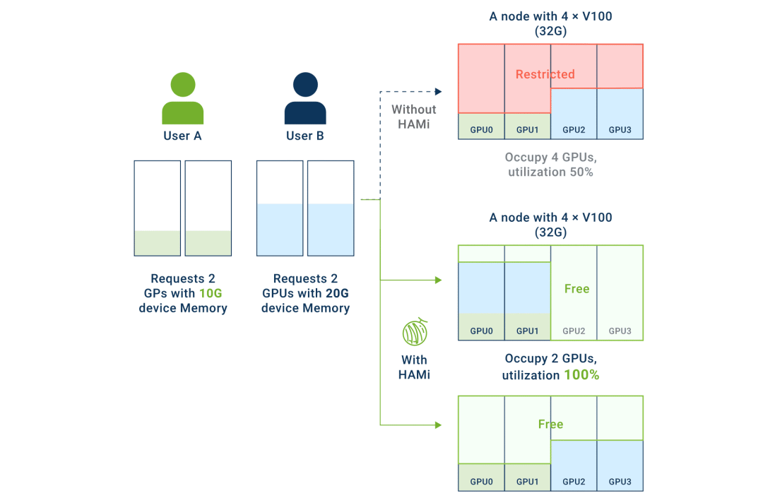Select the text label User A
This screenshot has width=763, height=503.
[182, 136]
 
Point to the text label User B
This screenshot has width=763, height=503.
[304, 136]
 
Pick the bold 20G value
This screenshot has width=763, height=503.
[337, 293]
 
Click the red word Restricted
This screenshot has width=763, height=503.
[545, 74]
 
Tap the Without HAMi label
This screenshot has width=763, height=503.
[414, 117]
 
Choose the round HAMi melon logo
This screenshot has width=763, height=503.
[414, 332]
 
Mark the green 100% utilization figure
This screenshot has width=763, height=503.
[581, 375]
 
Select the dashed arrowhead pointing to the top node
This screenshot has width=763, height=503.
[438, 92]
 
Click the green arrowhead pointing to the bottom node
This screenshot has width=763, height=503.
[438, 425]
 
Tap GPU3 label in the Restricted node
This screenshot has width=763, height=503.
[620, 130]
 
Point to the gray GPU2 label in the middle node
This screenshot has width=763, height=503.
[574, 331]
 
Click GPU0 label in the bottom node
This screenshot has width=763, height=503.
[481, 482]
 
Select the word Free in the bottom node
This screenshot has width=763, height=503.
[550, 425]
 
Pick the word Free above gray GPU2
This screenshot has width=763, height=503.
[576, 289]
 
